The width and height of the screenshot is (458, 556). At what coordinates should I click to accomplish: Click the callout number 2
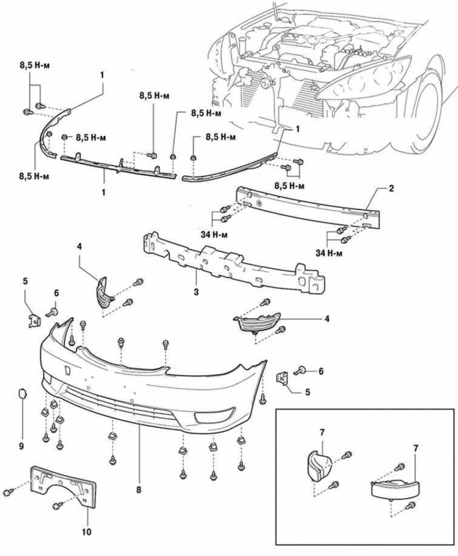tap(391, 188)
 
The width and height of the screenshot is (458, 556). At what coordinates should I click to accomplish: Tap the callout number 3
tap(196, 292)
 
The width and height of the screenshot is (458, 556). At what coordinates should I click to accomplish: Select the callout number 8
tap(139, 489)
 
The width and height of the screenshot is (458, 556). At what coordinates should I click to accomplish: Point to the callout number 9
tap(21, 446)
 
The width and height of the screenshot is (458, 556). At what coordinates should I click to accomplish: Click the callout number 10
tap(87, 532)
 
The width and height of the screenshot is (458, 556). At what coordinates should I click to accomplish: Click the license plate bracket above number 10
tap(64, 487)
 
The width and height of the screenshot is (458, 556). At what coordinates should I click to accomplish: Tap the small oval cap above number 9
tap(22, 393)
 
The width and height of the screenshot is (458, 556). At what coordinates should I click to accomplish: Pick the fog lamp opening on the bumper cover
tap(214, 415)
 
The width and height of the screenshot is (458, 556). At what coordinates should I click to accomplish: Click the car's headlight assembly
tap(363, 79)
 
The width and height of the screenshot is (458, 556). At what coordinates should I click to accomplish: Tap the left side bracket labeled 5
tap(35, 320)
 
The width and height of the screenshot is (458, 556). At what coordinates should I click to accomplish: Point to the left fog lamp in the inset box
tap(318, 466)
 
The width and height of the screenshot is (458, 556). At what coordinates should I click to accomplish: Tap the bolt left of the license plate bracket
tap(8, 492)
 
